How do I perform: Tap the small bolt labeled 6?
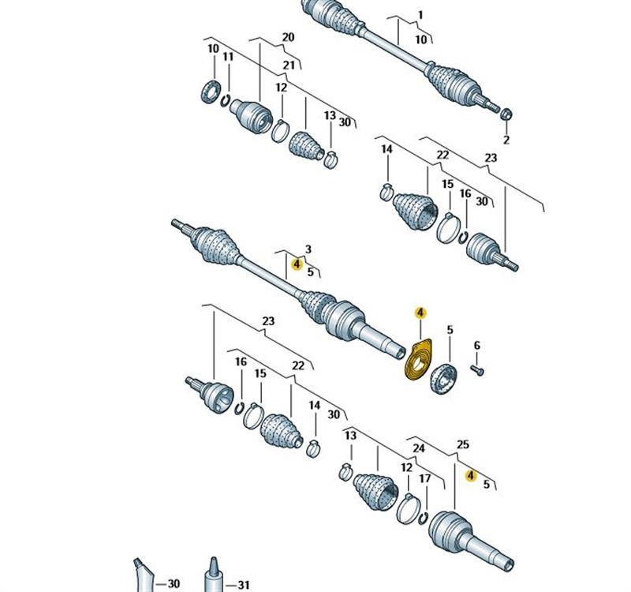pos(477,369)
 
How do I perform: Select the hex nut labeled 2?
pos(506,114)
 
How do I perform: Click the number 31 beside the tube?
pos(243,584)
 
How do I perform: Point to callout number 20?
pos(288,37)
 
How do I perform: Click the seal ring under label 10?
pos(211,92)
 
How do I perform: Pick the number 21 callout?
pos(289,65)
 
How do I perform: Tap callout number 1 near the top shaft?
pos(420,16)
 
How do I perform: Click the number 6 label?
pos(477,346)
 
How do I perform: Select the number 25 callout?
pos(463,444)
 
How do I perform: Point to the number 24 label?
pos(419,448)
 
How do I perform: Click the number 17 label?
pos(425,479)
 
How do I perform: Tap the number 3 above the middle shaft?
pos(308,249)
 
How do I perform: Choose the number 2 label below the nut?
pos(506,140)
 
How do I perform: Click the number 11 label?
pos(228,57)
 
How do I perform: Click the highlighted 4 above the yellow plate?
pos(420,313)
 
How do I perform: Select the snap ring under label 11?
pos(226,101)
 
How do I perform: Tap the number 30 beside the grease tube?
pos(174,583)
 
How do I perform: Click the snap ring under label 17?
pos(423,519)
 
